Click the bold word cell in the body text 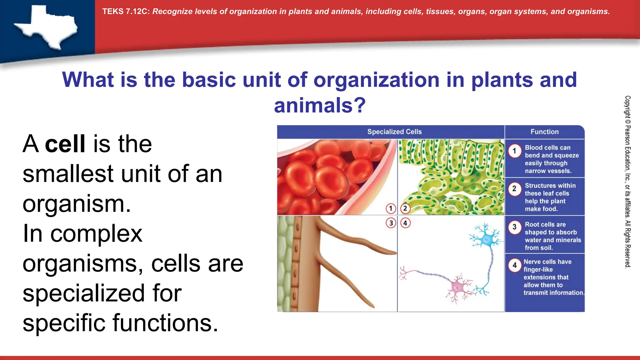pos(65,144)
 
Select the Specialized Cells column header pos(394,132)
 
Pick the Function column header pos(544,132)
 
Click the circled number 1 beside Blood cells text pos(514,151)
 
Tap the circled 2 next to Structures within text pos(514,189)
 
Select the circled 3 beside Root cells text pos(514,227)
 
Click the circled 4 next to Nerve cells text pos(514,265)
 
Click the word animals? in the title pos(320,105)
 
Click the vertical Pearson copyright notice pos(627,182)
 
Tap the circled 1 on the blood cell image pos(391,208)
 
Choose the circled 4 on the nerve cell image pos(405,223)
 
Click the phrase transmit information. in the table pos(553,293)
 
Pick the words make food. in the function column pos(541,209)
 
